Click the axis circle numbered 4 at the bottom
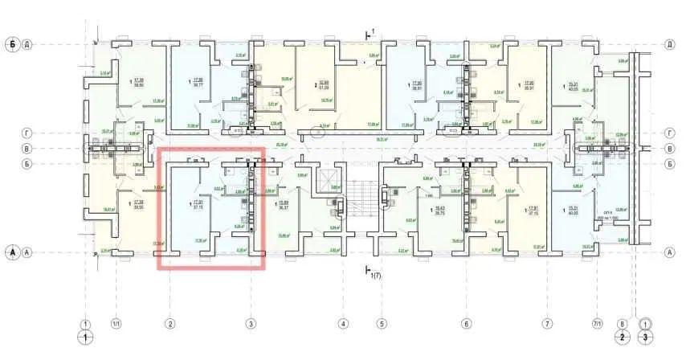tap(343, 325)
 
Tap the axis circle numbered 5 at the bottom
tap(382, 325)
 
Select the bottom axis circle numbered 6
tap(466, 325)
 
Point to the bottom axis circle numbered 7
tap(547, 325)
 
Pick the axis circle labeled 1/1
tap(116, 325)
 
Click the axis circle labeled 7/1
tap(597, 325)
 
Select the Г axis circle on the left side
tap(28, 133)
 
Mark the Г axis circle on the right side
tap(669, 133)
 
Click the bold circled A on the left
tap(12, 252)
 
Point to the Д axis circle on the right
tap(669, 43)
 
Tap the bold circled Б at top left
tap(12, 43)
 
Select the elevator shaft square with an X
tap(328, 178)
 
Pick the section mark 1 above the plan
tap(370, 32)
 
